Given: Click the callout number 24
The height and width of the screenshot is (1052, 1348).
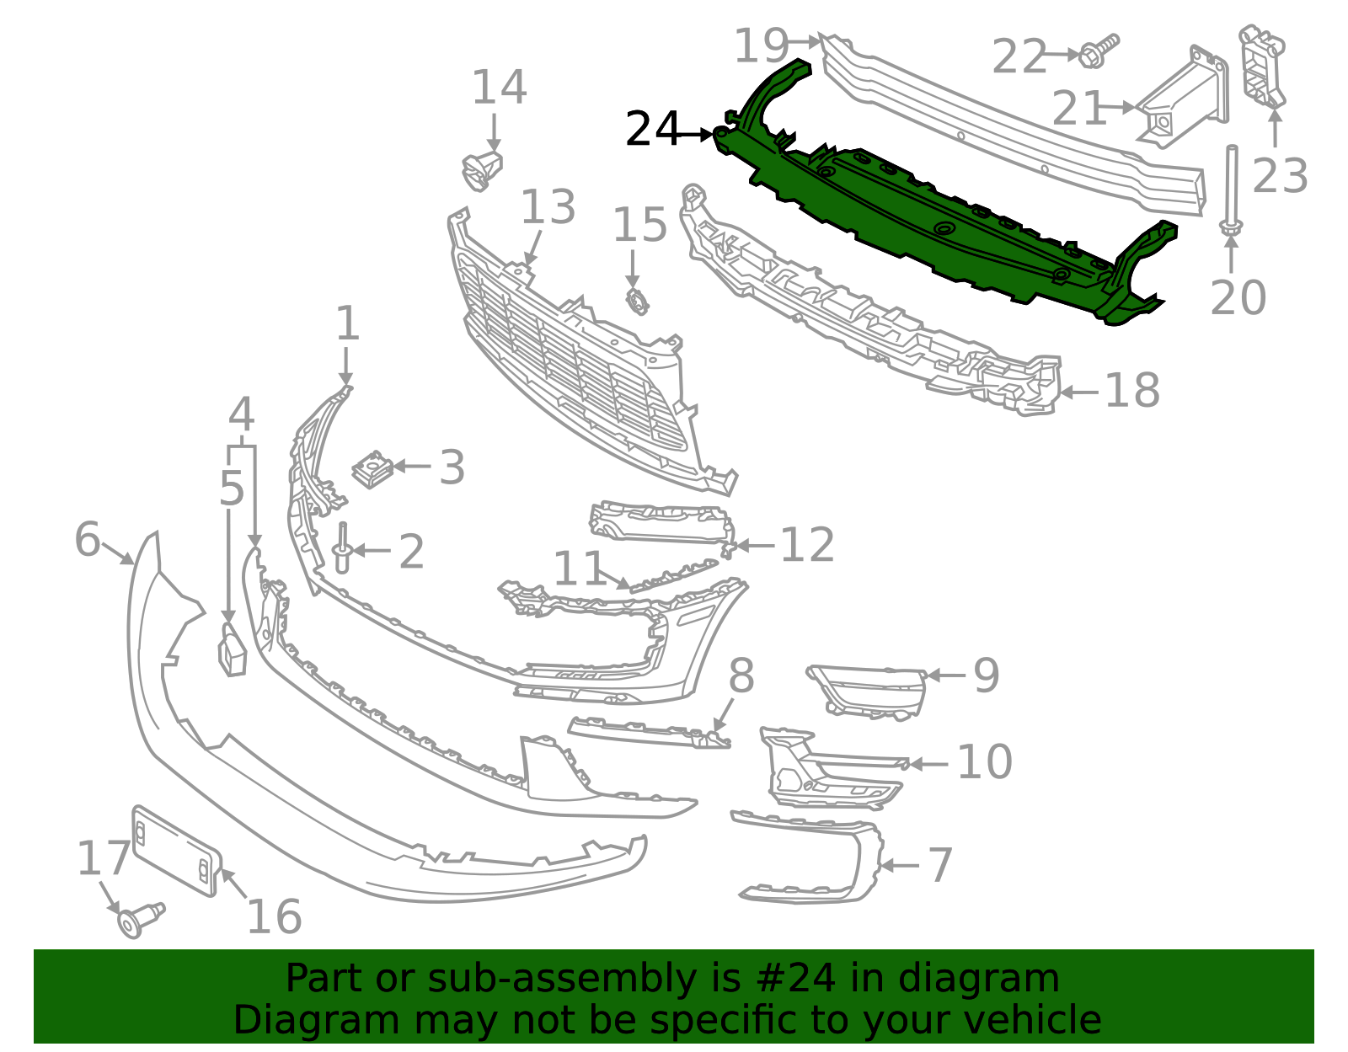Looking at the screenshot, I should [x=652, y=131].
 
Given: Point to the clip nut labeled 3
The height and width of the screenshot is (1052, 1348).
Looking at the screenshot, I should [x=372, y=469].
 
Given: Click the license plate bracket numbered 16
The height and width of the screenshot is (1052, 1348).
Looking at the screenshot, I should [x=176, y=851].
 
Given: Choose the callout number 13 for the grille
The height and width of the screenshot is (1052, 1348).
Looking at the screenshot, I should [x=548, y=208].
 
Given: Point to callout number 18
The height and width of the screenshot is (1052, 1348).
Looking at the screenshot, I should [x=1131, y=392].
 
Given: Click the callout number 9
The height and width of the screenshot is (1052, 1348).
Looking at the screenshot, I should [x=986, y=676].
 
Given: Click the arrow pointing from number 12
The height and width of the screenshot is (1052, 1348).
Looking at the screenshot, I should [x=753, y=546].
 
